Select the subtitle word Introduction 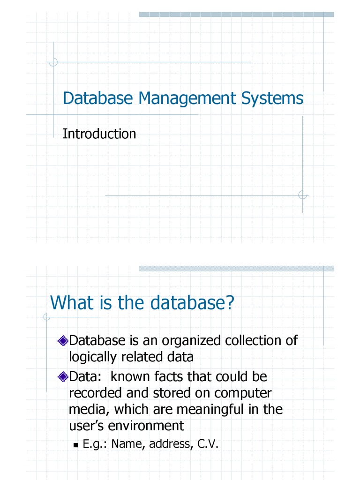99,134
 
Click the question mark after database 229,302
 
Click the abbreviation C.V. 208,443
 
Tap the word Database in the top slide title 97,99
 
